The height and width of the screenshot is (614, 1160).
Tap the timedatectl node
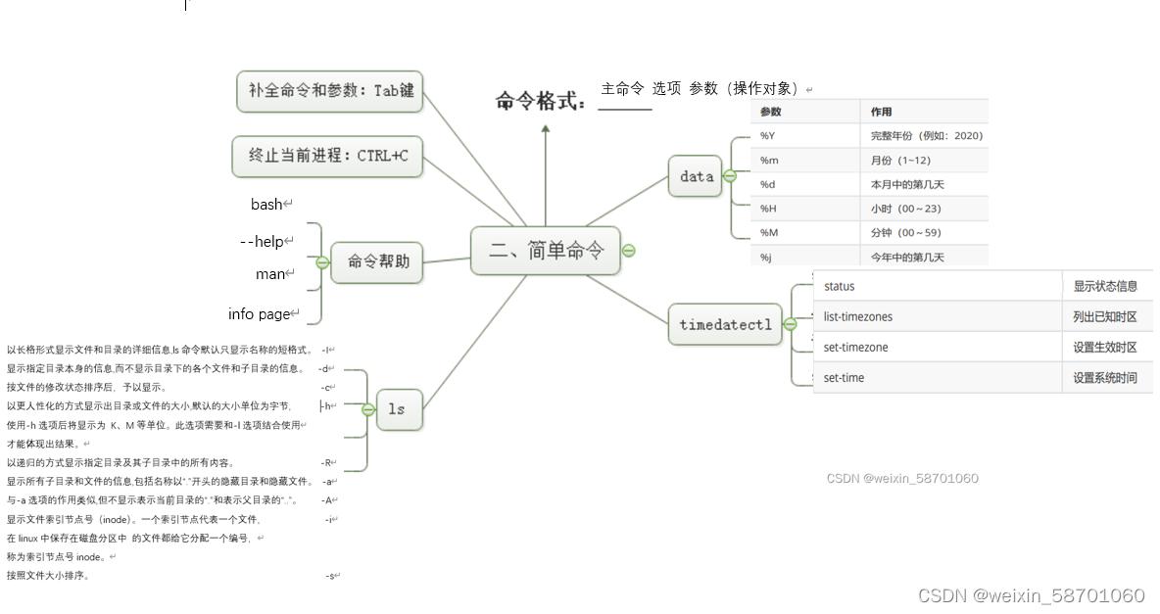pyautogui.click(x=725, y=324)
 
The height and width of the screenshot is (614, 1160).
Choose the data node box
pyautogui.click(x=697, y=176)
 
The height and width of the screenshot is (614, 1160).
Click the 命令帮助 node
pyautogui.click(x=377, y=261)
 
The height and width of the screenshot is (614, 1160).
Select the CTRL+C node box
pyautogui.click(x=328, y=156)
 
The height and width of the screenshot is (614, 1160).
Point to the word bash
pyautogui.click(x=266, y=205)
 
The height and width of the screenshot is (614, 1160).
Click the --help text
pyautogui.click(x=262, y=241)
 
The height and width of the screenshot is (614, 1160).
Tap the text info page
pyautogui.click(x=259, y=313)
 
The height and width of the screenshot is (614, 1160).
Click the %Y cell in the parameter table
pyautogui.click(x=768, y=135)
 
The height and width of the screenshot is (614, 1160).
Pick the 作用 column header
pyautogui.click(x=881, y=112)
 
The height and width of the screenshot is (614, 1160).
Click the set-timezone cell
pyautogui.click(x=855, y=348)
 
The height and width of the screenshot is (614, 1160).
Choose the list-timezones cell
pyautogui.click(x=858, y=317)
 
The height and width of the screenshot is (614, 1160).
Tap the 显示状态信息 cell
pyautogui.click(x=1105, y=287)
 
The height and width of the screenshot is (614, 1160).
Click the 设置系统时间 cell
pyautogui.click(x=1105, y=378)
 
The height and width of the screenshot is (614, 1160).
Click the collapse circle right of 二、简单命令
pyautogui.click(x=629, y=251)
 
